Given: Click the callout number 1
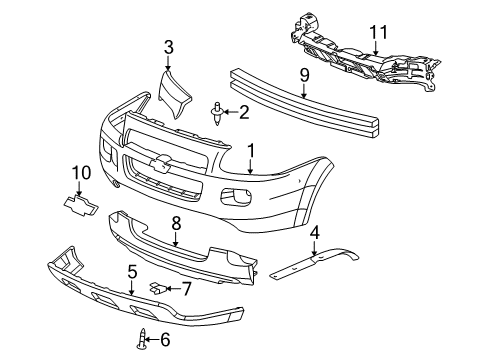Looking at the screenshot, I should tap(252, 150).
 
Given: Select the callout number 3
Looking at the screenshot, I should tap(168, 46).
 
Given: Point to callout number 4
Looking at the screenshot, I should tap(315, 235).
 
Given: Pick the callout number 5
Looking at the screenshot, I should tap(132, 271).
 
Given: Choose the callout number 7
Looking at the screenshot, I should tap(185, 289).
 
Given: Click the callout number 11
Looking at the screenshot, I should tap(377, 34).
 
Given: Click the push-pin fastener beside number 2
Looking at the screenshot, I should tap(218, 112).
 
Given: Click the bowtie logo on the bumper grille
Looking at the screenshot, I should tap(157, 165).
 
